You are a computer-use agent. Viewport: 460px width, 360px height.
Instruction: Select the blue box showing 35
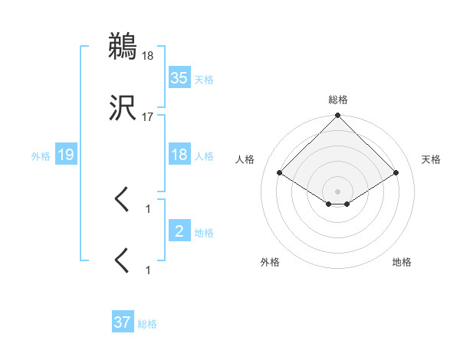coord(179,77)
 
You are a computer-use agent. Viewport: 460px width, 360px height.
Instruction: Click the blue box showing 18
coord(179,155)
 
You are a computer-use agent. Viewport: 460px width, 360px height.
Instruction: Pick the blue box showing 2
coord(179,231)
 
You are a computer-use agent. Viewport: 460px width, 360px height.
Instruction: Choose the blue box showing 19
coord(65,155)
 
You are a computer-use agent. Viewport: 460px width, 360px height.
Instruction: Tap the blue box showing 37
coord(122,322)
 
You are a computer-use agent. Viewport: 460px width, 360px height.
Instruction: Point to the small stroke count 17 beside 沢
coord(148,116)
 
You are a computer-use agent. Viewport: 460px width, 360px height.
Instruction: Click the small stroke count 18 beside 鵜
coord(148,55)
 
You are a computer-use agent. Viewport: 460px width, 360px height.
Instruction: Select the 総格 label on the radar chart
coord(338,100)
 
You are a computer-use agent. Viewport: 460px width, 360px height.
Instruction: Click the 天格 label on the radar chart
coord(432,159)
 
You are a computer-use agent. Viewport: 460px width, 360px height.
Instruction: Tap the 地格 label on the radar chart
coord(402,262)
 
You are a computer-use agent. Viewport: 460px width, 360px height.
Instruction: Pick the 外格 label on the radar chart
coord(270,262)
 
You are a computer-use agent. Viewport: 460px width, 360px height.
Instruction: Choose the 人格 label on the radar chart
coord(246,159)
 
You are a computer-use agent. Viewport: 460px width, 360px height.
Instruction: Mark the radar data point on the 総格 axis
coord(338,116)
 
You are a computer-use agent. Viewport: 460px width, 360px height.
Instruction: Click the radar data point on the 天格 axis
coord(396,172)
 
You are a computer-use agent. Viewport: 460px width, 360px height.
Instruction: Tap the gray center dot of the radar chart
coord(338,191)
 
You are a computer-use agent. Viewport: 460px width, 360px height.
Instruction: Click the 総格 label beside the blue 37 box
coord(147,324)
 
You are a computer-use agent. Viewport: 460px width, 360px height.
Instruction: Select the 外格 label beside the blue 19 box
coord(41,156)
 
